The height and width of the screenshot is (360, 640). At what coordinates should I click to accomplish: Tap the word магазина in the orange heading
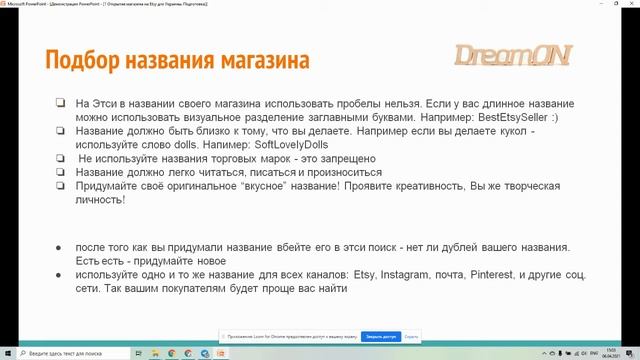tap(262, 60)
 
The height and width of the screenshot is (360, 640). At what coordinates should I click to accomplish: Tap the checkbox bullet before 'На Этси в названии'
tap(61, 102)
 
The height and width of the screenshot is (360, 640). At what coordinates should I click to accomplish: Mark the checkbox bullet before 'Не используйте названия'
tap(61, 158)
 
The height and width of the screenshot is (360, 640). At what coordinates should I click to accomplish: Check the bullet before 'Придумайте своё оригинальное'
tap(61, 186)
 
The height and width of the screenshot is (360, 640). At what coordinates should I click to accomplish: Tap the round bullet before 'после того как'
tap(61, 246)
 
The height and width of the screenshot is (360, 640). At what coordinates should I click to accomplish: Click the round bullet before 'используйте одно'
tap(61, 274)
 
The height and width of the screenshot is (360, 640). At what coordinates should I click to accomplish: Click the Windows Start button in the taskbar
tap(6, 353)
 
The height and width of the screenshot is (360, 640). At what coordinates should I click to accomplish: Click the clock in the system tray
tap(612, 353)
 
